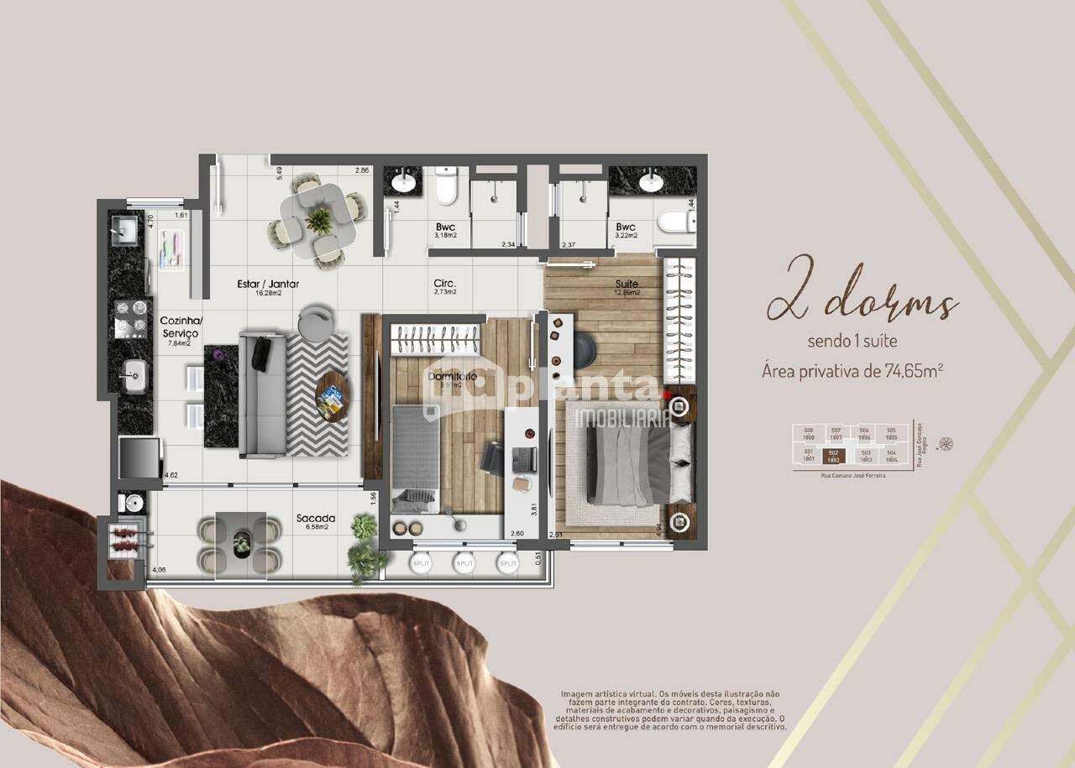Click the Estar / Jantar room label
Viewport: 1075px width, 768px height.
pos(268,284)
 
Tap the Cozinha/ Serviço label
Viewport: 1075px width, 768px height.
pos(180,327)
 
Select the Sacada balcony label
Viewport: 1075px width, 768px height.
pos(316,518)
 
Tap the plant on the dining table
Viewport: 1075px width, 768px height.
pos(318,220)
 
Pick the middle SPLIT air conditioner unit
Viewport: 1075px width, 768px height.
pos(464,563)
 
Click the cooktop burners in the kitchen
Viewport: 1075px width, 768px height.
pos(130,316)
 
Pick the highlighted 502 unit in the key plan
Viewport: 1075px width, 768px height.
pos(833,456)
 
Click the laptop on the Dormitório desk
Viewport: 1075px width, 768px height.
pos(523,459)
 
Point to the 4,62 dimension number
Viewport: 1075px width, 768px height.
pos(170,475)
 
